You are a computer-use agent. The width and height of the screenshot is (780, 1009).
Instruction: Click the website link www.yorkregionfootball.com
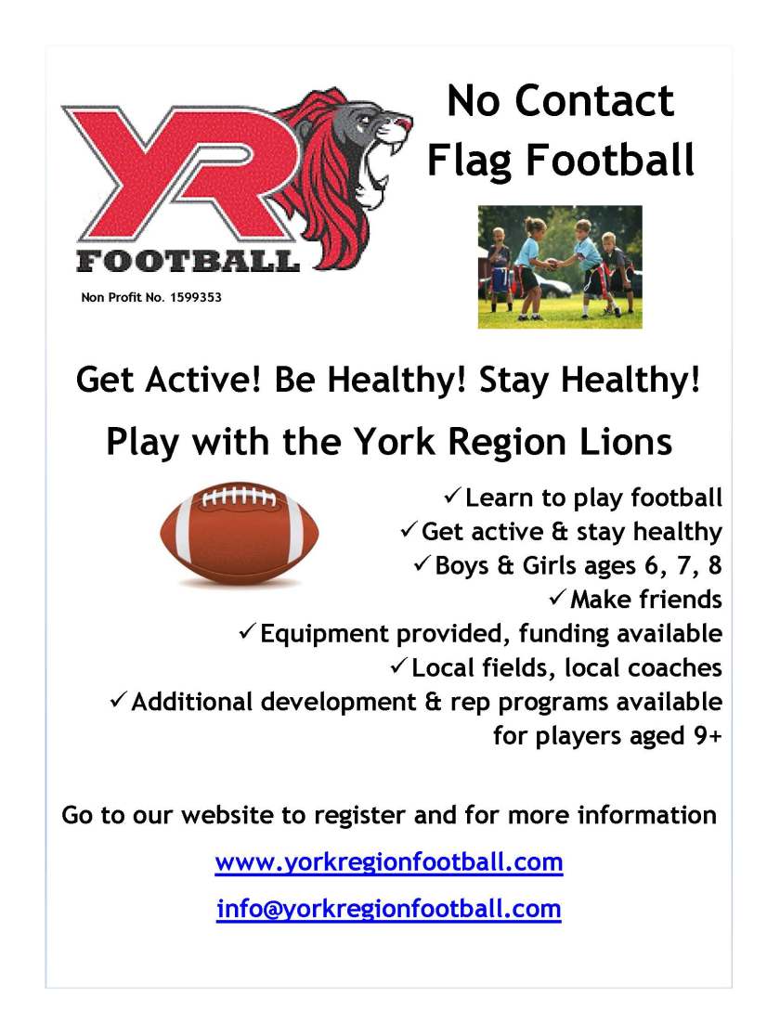[x=388, y=862]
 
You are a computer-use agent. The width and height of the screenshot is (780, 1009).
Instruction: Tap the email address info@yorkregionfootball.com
[x=388, y=908]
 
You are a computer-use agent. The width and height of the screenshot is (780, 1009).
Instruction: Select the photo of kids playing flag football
[x=560, y=266]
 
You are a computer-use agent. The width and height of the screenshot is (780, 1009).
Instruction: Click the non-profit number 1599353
[x=196, y=299]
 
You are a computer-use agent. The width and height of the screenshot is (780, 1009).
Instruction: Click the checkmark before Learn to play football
[x=452, y=497]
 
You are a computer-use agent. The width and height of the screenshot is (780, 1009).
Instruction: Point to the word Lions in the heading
[x=621, y=441]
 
